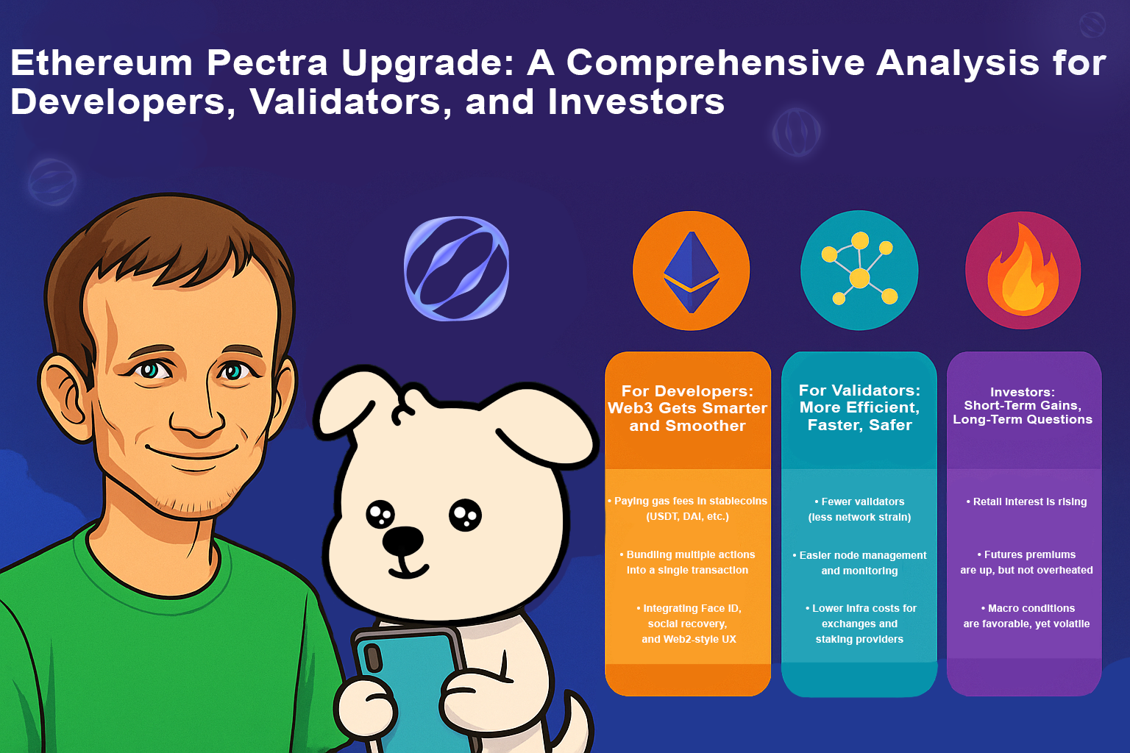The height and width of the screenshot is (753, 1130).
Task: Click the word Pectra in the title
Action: point(267,64)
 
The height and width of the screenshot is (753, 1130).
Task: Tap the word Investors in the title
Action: point(636,101)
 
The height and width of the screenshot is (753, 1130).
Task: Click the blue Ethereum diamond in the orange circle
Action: point(691,272)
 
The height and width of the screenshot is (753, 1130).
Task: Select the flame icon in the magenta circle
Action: point(1023,270)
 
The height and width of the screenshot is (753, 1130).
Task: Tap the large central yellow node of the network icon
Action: point(859,278)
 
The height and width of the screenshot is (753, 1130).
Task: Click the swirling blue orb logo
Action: point(457,268)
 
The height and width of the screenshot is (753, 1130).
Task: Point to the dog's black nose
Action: point(402,541)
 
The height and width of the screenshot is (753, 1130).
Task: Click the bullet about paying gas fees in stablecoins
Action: point(687,508)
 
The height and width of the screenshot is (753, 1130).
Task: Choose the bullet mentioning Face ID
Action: point(689,624)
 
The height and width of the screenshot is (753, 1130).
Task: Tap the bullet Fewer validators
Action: point(859,510)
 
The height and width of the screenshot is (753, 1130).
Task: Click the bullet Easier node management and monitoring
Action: point(859,563)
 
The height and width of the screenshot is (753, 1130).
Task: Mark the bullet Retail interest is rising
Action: point(1026,502)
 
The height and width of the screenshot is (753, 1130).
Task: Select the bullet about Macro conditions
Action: point(1026,615)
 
